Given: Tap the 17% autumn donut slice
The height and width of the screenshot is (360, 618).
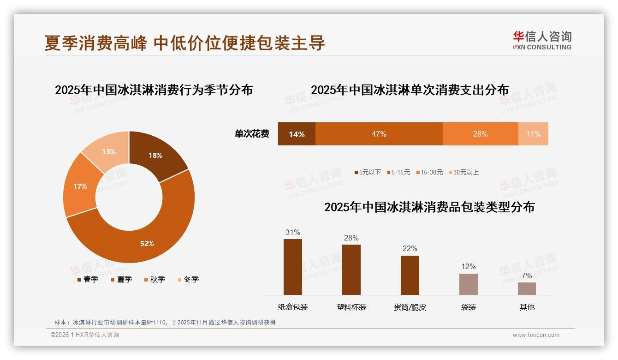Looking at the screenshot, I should click(x=80, y=186).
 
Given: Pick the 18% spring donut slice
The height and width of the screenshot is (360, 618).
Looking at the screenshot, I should click(x=155, y=156).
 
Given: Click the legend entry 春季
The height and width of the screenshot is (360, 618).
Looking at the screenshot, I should click(x=87, y=279).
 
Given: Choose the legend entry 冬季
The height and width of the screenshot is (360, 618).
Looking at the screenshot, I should click(x=188, y=279).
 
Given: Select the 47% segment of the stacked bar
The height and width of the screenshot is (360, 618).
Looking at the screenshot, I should click(x=379, y=134).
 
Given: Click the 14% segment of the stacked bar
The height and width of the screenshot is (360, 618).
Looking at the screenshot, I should click(x=297, y=134).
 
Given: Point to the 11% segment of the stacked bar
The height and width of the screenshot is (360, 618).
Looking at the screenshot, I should click(x=533, y=134).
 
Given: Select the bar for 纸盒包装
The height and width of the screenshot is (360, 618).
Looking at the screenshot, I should click(x=293, y=267).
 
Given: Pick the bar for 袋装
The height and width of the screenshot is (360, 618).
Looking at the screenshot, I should click(x=468, y=284).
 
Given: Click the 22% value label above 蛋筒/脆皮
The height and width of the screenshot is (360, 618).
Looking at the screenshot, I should click(x=410, y=249).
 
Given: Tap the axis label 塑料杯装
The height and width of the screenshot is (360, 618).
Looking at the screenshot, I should click(x=351, y=307).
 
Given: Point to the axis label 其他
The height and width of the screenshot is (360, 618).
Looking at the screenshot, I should click(x=527, y=307).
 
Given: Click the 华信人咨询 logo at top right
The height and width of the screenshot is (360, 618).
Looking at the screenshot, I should click(x=542, y=40).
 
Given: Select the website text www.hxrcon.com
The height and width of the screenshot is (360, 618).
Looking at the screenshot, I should click(x=536, y=335).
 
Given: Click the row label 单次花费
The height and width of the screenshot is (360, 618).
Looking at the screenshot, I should click(x=252, y=134).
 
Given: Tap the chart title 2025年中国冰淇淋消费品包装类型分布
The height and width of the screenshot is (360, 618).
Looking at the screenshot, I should click(x=429, y=207).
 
